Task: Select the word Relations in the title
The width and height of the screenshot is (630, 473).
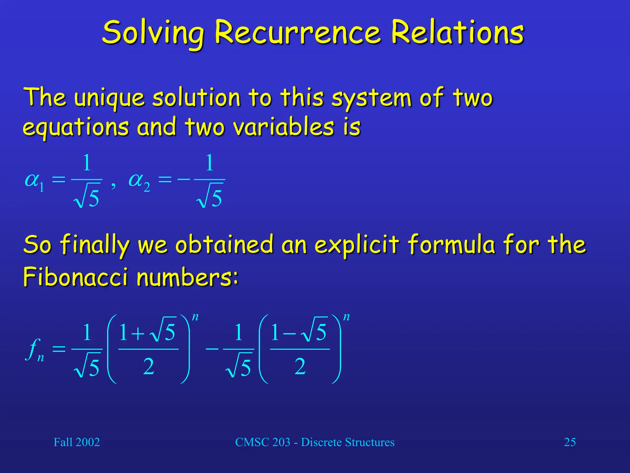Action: coord(457,32)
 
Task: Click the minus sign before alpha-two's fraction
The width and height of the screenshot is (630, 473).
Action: coord(184,179)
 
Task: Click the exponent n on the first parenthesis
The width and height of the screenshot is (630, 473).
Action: coord(195,317)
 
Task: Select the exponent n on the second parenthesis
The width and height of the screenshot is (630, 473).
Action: coord(346,317)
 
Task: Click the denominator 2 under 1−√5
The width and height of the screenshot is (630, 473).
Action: coord(300,366)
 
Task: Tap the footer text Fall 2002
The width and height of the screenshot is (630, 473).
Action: coord(77,442)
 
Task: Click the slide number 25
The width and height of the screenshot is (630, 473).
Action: coord(570,442)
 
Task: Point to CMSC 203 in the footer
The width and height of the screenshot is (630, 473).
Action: coord(263,442)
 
